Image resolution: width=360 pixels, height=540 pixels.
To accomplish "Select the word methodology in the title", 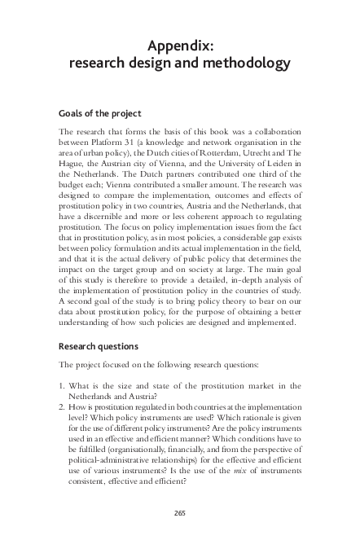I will [246, 63].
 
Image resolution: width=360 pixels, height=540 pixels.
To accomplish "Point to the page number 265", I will [180, 511].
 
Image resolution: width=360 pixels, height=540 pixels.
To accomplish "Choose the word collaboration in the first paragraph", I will [274, 131].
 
